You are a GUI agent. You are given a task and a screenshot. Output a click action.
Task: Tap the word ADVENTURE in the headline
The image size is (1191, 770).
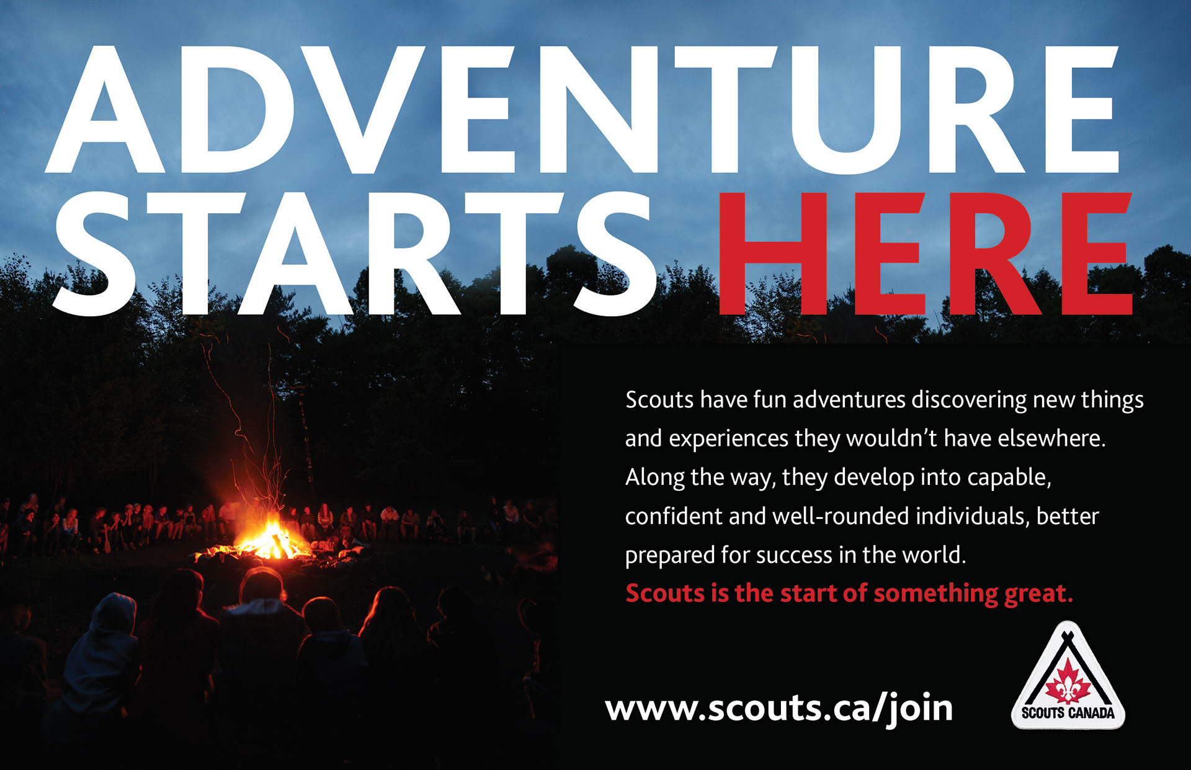click(582, 109)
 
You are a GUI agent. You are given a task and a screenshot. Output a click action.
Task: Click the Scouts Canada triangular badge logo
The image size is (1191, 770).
click(1068, 675)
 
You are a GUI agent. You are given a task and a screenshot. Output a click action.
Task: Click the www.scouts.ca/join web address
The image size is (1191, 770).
click(779, 709)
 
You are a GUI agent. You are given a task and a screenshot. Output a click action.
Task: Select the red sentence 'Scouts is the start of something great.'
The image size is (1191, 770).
click(849, 594)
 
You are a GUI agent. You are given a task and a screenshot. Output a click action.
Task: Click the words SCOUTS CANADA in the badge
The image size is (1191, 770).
click(1068, 713)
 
